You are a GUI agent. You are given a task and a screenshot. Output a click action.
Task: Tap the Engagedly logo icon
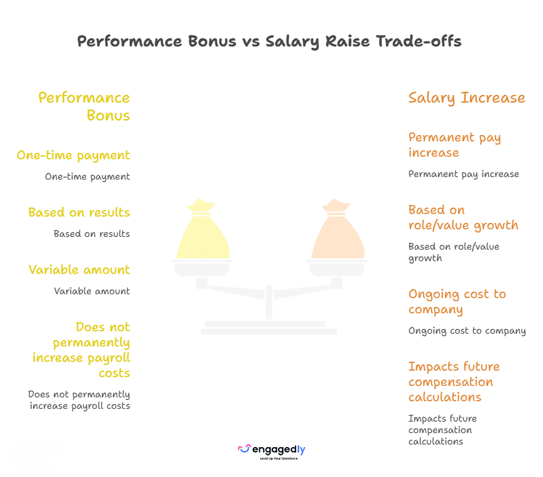244,448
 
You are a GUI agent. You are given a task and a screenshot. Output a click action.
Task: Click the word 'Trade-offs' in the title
419,41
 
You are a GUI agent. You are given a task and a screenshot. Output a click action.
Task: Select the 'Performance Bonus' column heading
84,106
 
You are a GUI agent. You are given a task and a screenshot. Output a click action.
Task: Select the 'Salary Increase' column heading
467,98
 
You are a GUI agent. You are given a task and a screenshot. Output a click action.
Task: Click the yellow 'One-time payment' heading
73,155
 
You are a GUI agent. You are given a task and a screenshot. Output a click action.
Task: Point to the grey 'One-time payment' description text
88,176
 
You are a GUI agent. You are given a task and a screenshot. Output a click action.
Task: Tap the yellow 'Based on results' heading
80,212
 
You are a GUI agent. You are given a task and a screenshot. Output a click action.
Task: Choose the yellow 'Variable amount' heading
80,269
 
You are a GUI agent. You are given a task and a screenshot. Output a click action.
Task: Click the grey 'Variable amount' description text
92,291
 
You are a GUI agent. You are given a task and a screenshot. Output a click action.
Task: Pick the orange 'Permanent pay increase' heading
455,145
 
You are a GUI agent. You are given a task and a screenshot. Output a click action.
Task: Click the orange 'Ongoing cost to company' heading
457,301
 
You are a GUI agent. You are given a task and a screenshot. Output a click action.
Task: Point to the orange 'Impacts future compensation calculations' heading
454,381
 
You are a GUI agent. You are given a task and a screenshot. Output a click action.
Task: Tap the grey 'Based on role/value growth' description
454,252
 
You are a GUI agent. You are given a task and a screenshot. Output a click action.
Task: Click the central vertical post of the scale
269,302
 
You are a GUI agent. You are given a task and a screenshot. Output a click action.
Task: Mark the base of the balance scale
269,328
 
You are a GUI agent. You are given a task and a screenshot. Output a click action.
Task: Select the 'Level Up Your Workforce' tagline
279,459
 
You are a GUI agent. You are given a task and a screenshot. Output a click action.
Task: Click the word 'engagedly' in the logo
279,450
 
